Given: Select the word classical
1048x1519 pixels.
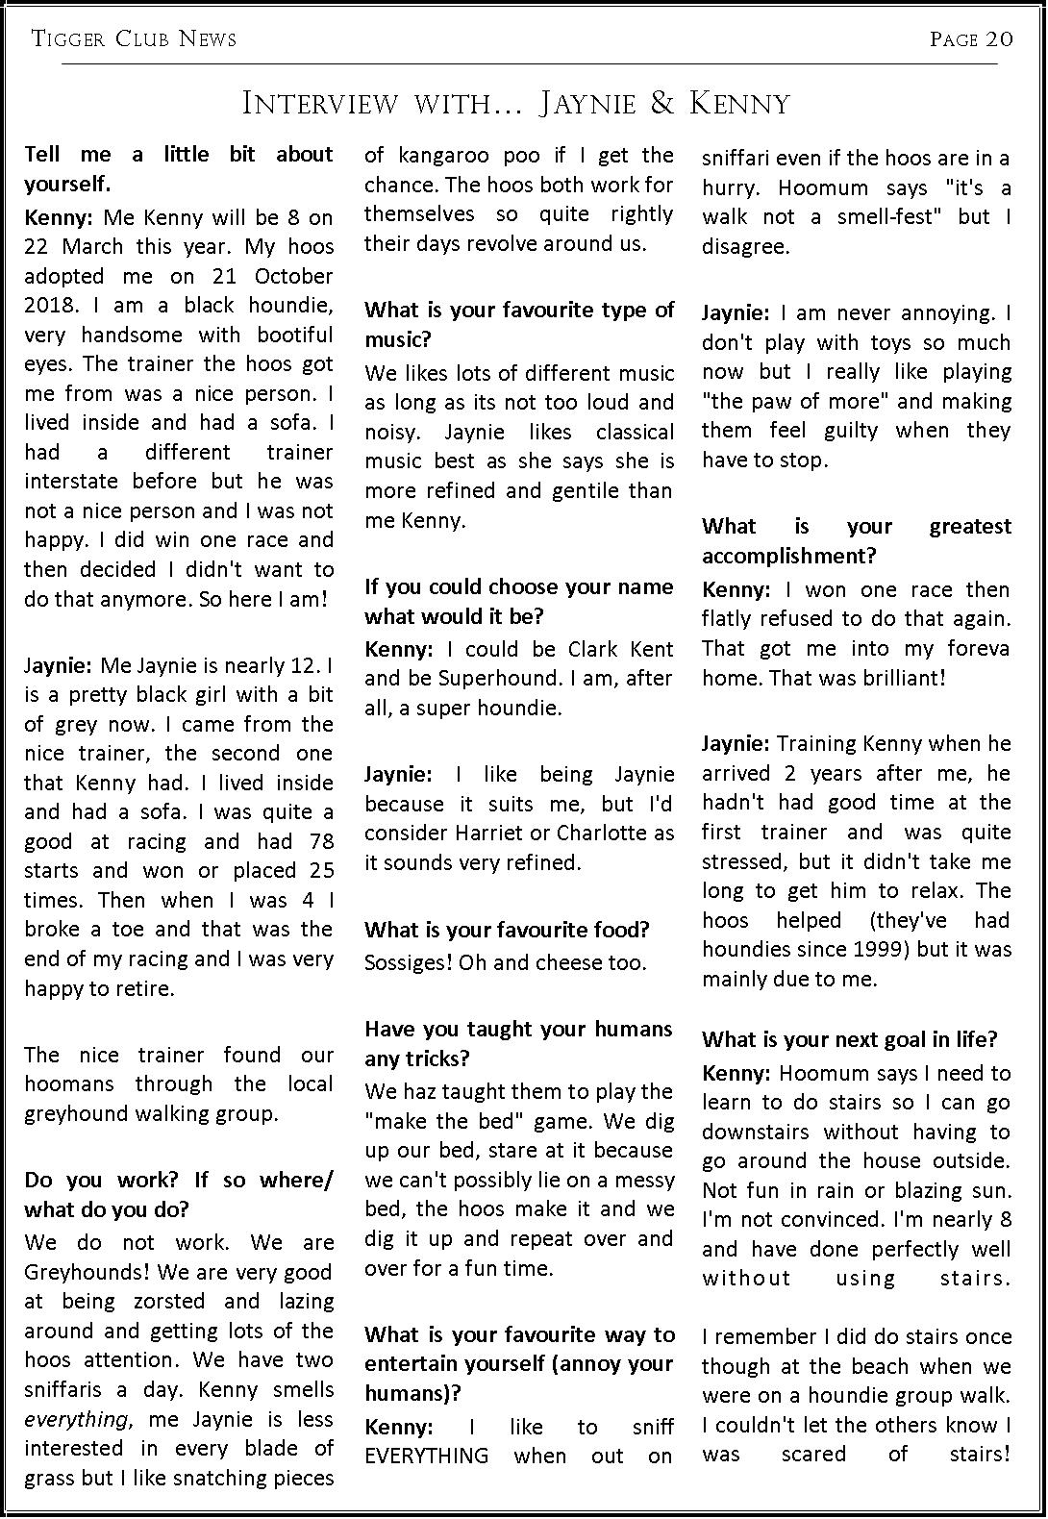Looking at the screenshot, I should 635,432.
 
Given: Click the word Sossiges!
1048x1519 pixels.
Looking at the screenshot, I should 408,962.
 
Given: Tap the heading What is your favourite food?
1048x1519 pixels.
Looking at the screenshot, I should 507,930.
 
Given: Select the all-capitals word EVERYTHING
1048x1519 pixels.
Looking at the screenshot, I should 426,1456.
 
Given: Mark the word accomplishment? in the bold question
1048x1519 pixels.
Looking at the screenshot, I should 789,556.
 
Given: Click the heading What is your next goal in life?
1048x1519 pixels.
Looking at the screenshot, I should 849,1039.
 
